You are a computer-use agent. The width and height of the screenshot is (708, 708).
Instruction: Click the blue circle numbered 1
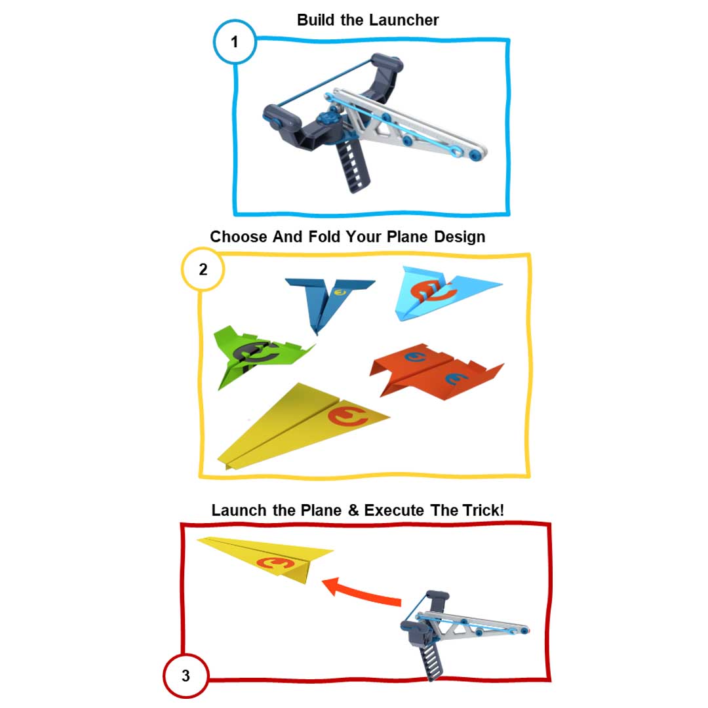[235, 41]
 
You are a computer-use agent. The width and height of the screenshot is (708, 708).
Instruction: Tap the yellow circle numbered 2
[203, 269]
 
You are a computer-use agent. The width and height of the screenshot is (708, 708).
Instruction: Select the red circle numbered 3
[186, 675]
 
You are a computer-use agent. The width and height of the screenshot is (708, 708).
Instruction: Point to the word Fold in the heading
[324, 237]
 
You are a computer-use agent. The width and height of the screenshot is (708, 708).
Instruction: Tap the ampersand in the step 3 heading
[353, 510]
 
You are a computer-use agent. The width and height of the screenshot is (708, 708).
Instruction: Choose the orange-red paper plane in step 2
[436, 371]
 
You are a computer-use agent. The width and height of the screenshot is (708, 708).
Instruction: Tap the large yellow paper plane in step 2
[302, 426]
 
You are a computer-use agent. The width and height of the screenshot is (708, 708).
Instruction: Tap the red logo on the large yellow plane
[347, 416]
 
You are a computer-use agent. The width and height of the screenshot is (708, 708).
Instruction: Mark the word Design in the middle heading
[460, 237]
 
